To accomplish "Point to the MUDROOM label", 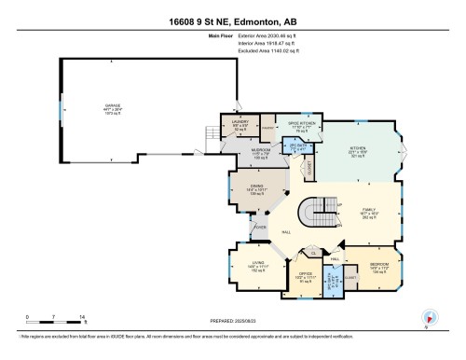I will click(x=236, y=149).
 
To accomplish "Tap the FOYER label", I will click(x=262, y=224).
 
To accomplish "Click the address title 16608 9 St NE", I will click(x=232, y=21).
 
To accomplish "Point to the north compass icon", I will click(x=428, y=316).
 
